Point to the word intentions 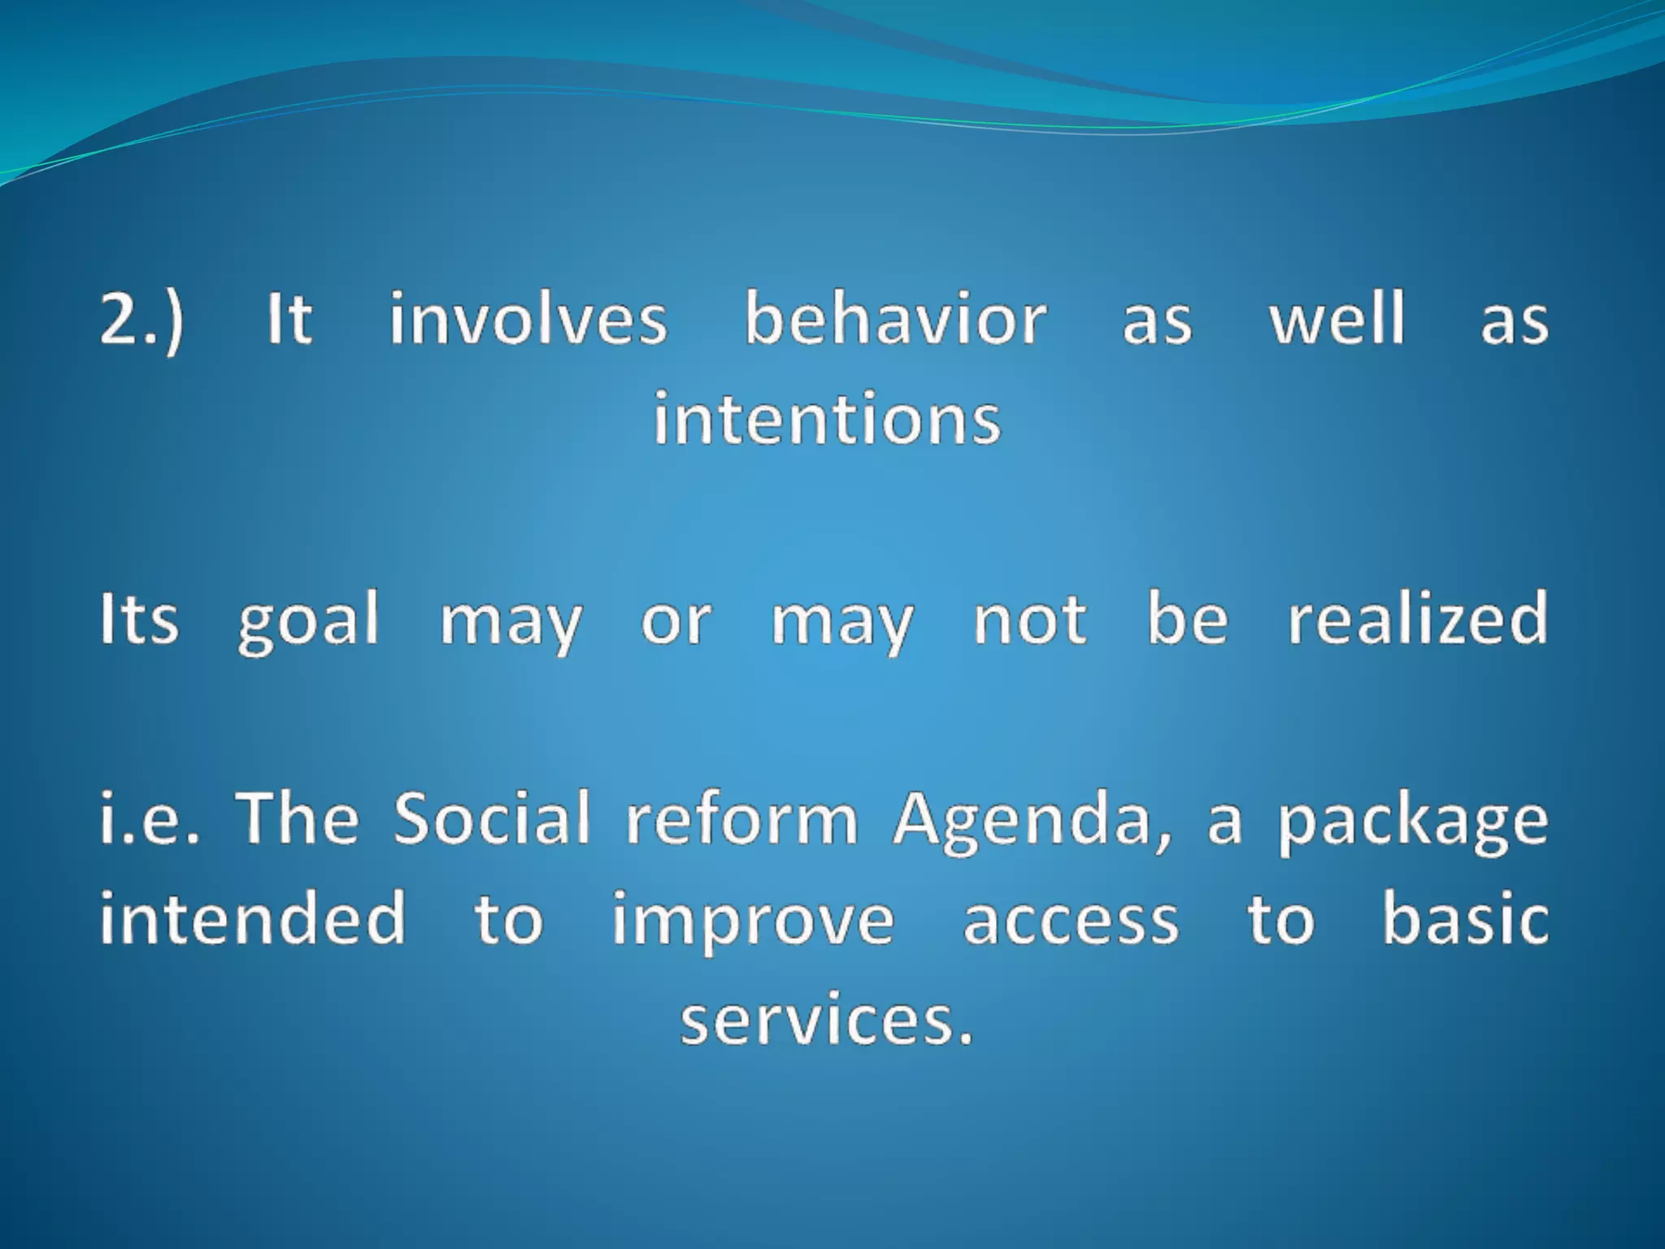[x=827, y=420]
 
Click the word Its [x=138, y=620]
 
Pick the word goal [x=308, y=623]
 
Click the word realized [x=1417, y=620]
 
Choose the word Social [x=492, y=820]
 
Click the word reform [x=741, y=820]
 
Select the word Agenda [x=1032, y=821]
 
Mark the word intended [x=253, y=920]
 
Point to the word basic [x=1465, y=920]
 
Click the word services [x=826, y=1021]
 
